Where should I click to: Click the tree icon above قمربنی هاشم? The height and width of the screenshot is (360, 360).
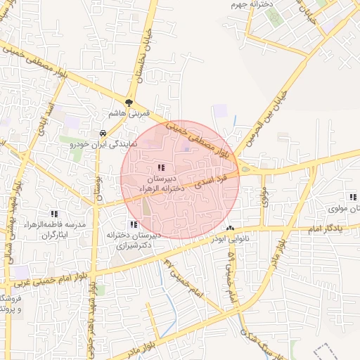pos(129,101)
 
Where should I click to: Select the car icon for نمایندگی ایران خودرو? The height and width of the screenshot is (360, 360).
pos(103,133)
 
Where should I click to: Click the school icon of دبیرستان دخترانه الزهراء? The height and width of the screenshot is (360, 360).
pos(161,167)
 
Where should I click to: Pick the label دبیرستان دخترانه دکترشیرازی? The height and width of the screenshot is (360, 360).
pos(134,241)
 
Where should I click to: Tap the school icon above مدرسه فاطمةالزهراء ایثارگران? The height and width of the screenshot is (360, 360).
pos(54,213)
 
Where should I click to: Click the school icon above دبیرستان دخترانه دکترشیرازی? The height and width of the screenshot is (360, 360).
pos(134,225)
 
